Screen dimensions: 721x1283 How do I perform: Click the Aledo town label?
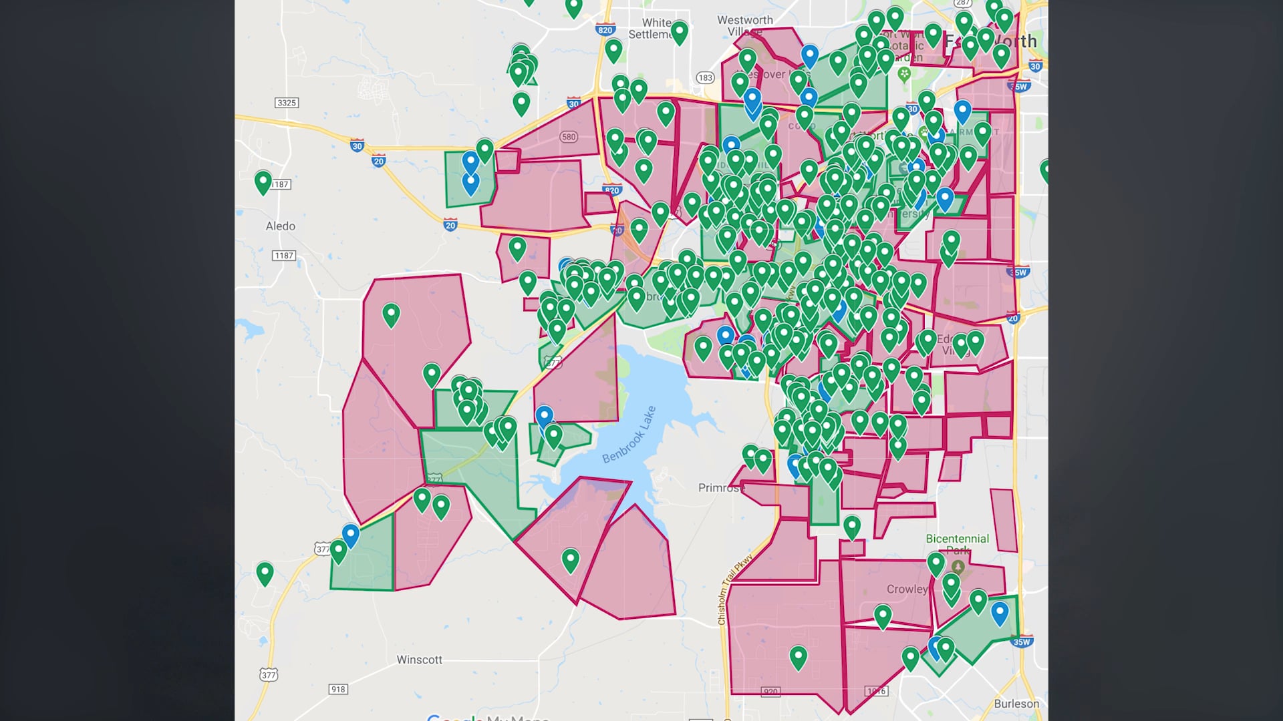coord(280,226)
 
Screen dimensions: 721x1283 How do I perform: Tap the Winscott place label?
coord(419,660)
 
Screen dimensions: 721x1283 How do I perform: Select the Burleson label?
coord(1016,704)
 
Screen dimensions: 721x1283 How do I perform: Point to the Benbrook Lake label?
coord(629,435)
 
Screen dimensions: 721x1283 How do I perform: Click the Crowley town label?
coord(907,589)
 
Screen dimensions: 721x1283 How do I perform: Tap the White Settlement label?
coord(651,28)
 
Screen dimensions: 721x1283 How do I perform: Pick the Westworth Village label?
coord(744,25)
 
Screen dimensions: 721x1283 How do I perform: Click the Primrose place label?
coord(720,488)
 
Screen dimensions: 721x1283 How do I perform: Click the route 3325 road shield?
coord(286,103)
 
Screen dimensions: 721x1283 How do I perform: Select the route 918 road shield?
coord(338,689)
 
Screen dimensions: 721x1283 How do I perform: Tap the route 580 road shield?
coord(569,137)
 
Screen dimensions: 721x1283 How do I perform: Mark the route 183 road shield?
coord(705,77)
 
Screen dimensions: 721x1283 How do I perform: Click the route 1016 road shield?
coord(876,691)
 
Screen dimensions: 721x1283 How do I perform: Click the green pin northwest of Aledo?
coord(263,182)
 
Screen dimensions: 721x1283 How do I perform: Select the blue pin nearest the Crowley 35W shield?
coord(1000,612)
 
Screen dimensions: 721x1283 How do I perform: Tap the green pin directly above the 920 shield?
coord(798,657)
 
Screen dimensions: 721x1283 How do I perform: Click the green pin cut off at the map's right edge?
coord(1044,170)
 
